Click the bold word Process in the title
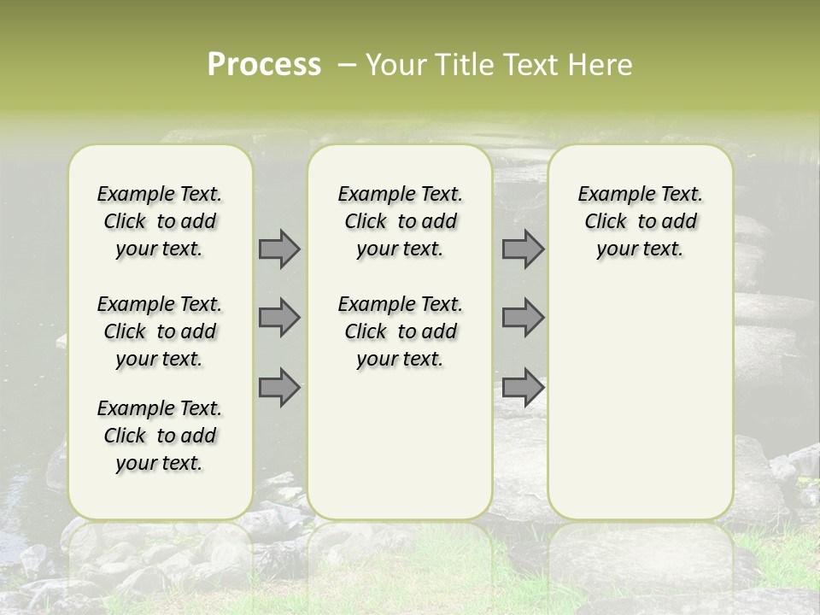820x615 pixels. pyautogui.click(x=264, y=64)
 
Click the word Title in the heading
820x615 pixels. pyautogui.click(x=461, y=65)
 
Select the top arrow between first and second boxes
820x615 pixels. pyautogui.click(x=279, y=249)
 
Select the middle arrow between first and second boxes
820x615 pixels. pyautogui.click(x=279, y=318)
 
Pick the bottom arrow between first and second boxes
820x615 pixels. pyautogui.click(x=279, y=387)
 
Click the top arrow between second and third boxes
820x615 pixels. pyautogui.click(x=523, y=249)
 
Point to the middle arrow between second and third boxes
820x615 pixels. pyautogui.click(x=523, y=318)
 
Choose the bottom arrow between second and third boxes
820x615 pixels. pyautogui.click(x=523, y=387)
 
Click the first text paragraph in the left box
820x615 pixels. pyautogui.click(x=160, y=221)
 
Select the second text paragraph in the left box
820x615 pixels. pyautogui.click(x=160, y=331)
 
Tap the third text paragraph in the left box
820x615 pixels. pyautogui.click(x=160, y=436)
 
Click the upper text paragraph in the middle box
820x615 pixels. pyautogui.click(x=400, y=221)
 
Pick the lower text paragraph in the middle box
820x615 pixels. pyautogui.click(x=400, y=331)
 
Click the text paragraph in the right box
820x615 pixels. pyautogui.click(x=641, y=221)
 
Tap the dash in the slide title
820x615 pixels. pyautogui.click(x=347, y=65)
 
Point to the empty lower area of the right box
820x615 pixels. pyautogui.click(x=641, y=401)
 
